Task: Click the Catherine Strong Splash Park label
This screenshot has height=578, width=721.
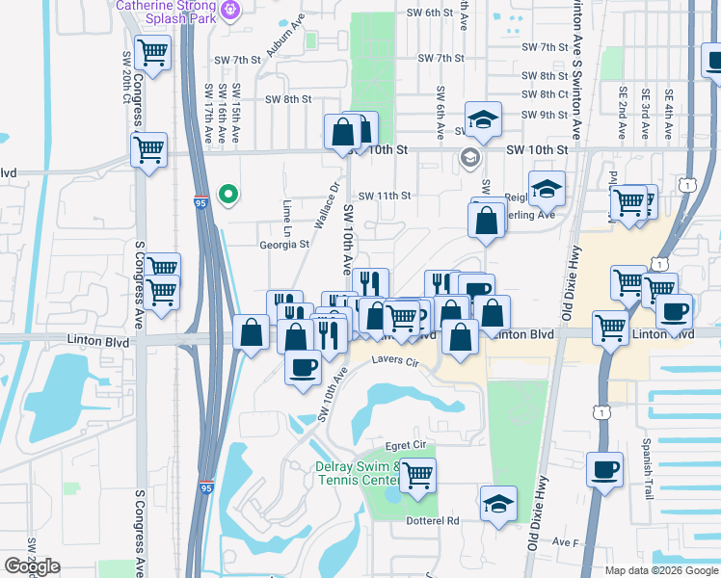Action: (167, 11)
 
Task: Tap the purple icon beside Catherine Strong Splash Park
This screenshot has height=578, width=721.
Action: (229, 11)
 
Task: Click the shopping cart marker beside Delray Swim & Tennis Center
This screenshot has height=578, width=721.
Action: (417, 474)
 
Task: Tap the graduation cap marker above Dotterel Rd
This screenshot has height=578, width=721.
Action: (498, 503)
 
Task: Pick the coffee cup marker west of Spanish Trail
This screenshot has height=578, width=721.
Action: (604, 469)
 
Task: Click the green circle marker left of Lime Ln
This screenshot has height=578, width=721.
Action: (227, 196)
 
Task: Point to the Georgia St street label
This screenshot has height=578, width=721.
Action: (283, 245)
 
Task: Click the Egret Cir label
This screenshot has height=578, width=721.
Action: (405, 446)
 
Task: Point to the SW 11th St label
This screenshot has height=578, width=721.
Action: (385, 196)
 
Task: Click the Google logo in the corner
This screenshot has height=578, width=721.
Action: (32, 566)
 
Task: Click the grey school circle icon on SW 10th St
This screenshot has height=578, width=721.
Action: (470, 158)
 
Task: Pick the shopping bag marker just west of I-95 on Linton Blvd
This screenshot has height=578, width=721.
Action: (252, 333)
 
